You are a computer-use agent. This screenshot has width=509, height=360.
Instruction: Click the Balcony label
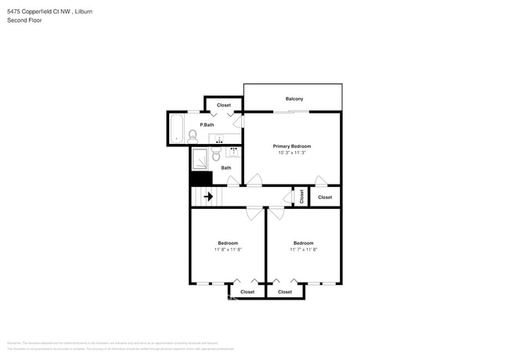pyautogui.click(x=294, y=99)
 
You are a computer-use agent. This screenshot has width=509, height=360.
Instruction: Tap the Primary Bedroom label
pyautogui.click(x=292, y=146)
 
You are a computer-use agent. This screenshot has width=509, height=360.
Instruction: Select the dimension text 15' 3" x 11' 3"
pyautogui.click(x=292, y=153)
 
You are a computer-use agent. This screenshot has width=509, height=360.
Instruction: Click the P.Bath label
pyautogui.click(x=207, y=125)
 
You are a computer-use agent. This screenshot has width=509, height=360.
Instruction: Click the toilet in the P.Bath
pyautogui.click(x=193, y=135)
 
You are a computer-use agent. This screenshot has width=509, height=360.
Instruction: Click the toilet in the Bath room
pyautogui.click(x=217, y=156)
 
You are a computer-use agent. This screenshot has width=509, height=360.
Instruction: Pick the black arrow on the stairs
pyautogui.click(x=208, y=197)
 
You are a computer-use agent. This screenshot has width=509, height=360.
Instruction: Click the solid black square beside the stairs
pyautogui.click(x=201, y=178)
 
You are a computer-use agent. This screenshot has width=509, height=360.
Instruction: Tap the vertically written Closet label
pyautogui.click(x=301, y=197)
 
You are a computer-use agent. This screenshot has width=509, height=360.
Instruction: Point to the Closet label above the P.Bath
pyautogui.click(x=224, y=105)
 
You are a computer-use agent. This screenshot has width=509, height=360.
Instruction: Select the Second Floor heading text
pyautogui.click(x=24, y=20)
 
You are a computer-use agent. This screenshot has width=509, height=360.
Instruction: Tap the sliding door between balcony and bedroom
pyautogui.click(x=290, y=112)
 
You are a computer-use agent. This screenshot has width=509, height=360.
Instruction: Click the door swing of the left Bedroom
pyautogui.click(x=254, y=211)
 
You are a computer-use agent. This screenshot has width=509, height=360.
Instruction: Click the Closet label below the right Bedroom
pyautogui.click(x=285, y=292)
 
